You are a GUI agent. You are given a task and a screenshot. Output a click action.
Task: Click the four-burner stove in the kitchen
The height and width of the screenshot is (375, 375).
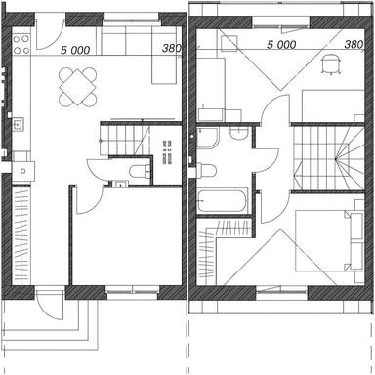click(x=21, y=39)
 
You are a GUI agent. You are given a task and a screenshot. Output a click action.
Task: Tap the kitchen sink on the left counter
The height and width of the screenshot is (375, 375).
click(x=19, y=124)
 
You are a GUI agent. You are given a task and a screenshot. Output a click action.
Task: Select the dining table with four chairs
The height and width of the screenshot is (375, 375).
click(x=77, y=86)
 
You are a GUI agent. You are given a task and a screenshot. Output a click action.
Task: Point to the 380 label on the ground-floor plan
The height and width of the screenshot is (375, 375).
click(x=170, y=47)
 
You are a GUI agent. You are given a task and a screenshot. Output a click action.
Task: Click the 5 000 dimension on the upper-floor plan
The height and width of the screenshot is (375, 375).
click(x=281, y=45)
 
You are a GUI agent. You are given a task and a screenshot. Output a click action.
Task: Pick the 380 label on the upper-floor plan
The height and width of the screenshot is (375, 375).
click(x=354, y=45)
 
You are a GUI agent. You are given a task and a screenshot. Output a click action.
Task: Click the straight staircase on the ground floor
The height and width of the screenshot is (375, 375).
click(x=124, y=140)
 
